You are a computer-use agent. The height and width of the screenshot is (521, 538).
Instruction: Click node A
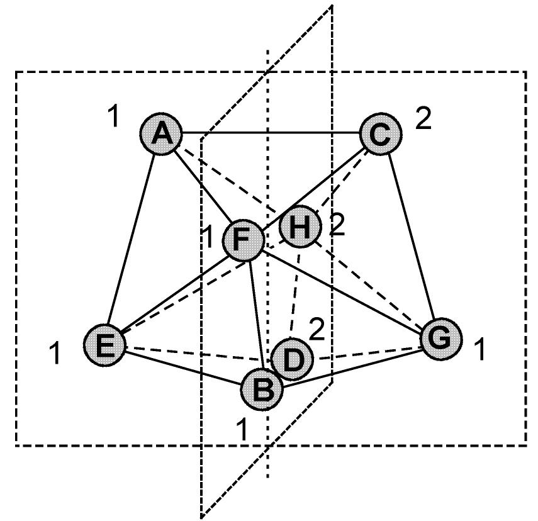pos(161,134)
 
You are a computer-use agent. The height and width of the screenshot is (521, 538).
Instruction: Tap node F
pos(242,240)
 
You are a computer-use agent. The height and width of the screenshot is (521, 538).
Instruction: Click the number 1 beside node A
pos(113,116)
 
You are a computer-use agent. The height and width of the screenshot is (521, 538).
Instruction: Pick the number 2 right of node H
pos(337,226)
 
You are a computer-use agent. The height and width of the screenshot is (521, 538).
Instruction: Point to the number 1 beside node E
pos(56,354)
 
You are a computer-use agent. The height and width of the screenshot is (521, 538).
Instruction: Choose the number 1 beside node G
pos(479,350)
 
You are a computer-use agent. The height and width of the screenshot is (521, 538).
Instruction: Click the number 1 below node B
pos(242,430)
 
